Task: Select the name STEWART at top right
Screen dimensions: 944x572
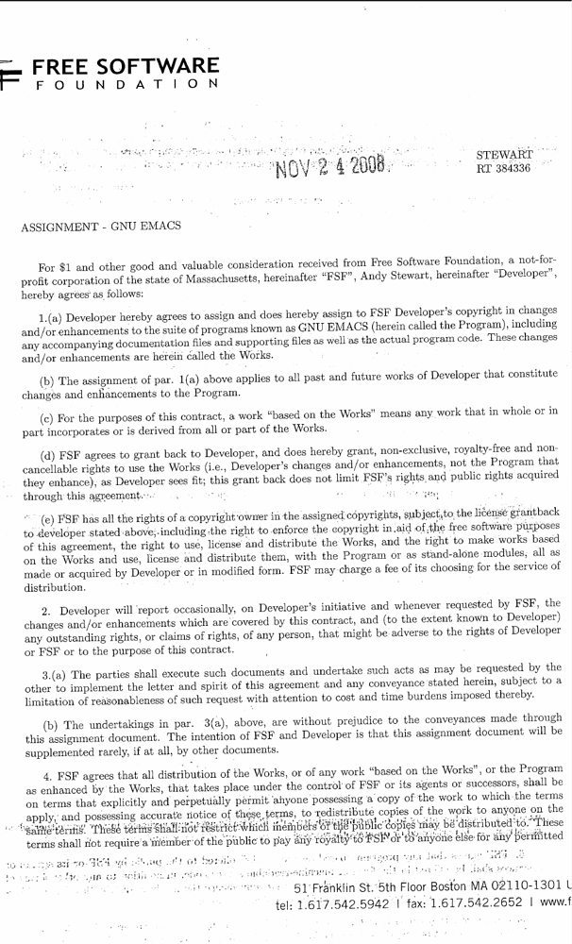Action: coord(505,154)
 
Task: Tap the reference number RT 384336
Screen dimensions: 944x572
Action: coord(504,169)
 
